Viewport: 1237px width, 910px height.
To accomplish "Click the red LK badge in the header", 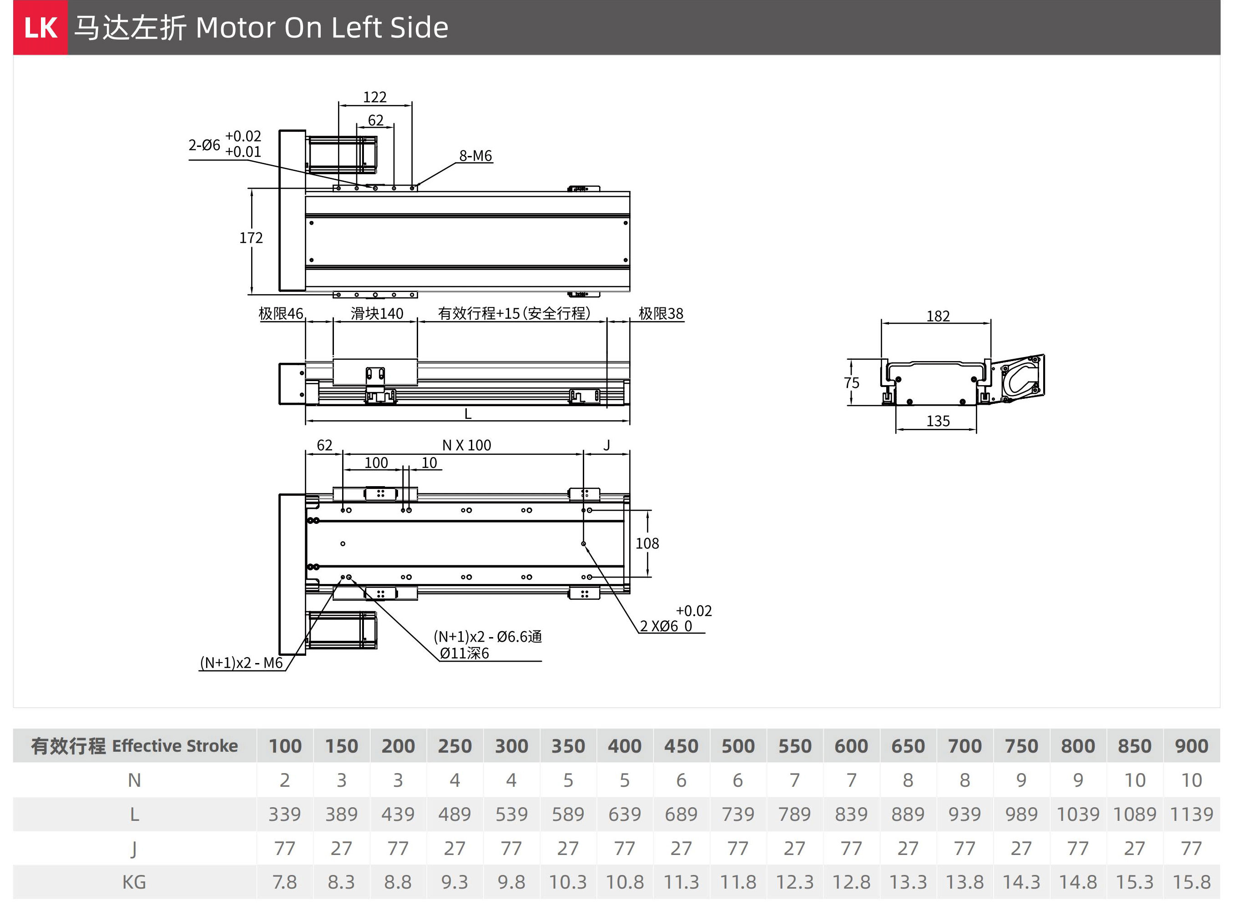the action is [x=40, y=28].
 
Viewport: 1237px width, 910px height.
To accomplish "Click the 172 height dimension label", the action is [x=251, y=238].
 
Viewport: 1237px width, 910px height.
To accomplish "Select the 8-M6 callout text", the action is [x=475, y=156].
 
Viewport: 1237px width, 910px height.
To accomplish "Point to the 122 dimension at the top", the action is [x=375, y=97].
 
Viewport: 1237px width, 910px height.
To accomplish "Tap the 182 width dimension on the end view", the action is [x=938, y=316].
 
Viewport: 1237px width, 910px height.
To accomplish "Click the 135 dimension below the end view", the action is [x=938, y=422].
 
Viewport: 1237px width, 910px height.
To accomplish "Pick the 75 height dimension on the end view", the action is [x=851, y=383].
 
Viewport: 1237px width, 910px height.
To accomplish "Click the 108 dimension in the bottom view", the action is [x=647, y=544].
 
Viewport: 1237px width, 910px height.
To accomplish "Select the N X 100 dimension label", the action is [x=466, y=445].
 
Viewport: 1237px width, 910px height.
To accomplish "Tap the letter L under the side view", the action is [x=468, y=414].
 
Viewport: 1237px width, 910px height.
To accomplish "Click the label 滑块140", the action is [x=377, y=313].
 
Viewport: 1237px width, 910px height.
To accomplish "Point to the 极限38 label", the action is [x=661, y=313].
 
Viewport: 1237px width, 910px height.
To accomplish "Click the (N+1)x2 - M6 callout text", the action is [x=241, y=663].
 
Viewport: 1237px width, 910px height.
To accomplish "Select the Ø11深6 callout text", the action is [x=464, y=654].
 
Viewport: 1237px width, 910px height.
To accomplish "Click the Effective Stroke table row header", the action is [x=135, y=746].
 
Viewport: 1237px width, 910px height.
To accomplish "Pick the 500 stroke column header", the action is [x=738, y=746].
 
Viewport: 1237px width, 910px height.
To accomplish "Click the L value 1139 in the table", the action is [x=1191, y=814].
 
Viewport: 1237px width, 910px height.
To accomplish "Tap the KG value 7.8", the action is [x=284, y=882].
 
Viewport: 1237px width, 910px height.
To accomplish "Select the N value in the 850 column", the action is [x=1135, y=780].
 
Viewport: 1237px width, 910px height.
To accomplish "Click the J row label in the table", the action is [x=134, y=850].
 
